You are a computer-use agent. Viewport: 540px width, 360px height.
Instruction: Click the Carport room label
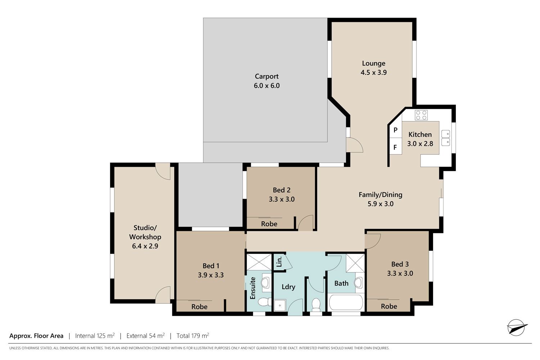267,76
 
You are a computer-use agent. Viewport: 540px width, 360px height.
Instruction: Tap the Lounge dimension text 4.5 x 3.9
374,72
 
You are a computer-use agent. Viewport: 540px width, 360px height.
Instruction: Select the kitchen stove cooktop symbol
421,115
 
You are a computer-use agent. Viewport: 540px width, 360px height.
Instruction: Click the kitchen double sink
446,138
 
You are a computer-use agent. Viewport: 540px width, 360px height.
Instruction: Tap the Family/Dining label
381,195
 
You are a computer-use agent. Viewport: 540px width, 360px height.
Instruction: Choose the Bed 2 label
282,190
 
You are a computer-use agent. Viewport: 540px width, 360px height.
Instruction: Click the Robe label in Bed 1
199,307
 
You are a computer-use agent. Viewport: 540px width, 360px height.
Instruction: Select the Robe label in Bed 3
389,306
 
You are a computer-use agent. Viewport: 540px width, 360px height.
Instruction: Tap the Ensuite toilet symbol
264,302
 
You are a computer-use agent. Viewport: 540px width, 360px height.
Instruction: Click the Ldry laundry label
289,287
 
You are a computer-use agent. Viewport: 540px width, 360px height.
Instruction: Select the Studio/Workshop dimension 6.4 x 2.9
145,246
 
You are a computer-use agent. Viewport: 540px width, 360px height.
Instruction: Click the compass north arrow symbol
517,328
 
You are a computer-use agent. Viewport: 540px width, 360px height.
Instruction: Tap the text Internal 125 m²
95,336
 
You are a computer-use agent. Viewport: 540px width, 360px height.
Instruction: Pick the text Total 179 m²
193,336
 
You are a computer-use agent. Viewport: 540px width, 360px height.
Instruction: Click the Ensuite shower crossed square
259,262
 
